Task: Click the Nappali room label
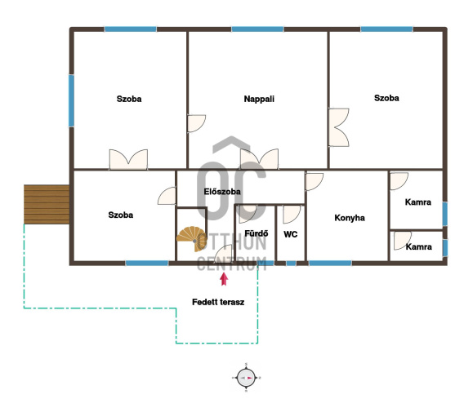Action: tap(259, 99)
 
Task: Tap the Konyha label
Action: tap(350, 218)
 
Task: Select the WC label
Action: tap(290, 234)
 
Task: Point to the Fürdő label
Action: tap(257, 233)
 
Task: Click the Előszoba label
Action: tap(222, 192)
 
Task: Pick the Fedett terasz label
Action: tap(218, 302)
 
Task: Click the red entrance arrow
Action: tap(224, 279)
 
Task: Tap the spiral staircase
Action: tap(192, 239)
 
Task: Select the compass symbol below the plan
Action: tap(246, 378)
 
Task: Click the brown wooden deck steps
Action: tap(47, 204)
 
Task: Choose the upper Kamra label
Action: tap(417, 202)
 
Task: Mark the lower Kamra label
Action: tap(418, 246)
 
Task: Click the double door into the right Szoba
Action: tap(339, 127)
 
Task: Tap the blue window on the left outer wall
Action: tap(71, 101)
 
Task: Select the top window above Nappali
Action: tap(257, 29)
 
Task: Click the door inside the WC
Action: tap(292, 215)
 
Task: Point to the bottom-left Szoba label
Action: tap(120, 215)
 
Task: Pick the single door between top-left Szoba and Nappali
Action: tap(197, 123)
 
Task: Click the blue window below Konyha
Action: tap(330, 263)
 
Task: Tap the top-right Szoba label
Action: tap(386, 98)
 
